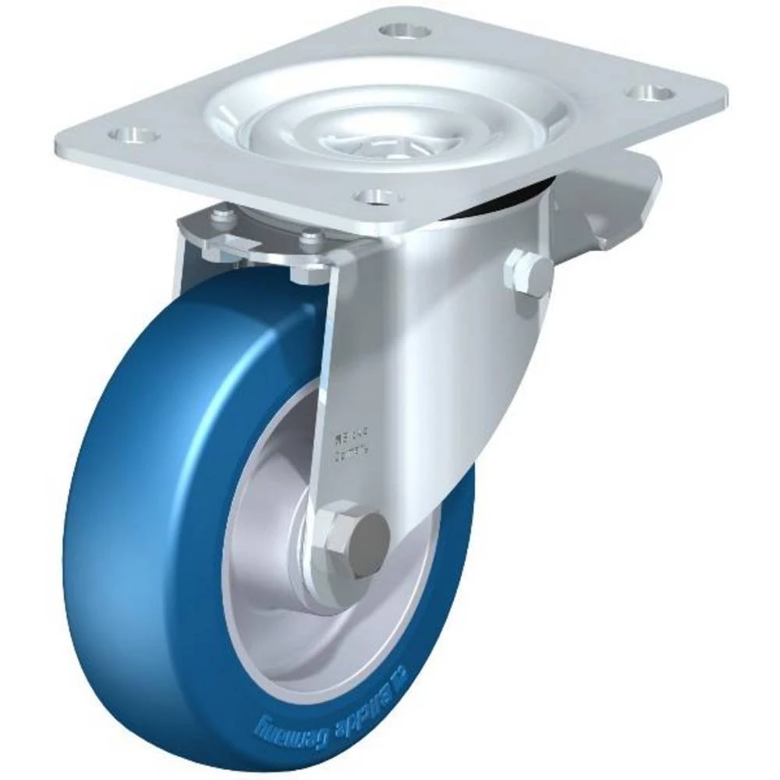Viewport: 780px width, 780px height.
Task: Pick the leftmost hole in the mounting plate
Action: pyautogui.click(x=133, y=136)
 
